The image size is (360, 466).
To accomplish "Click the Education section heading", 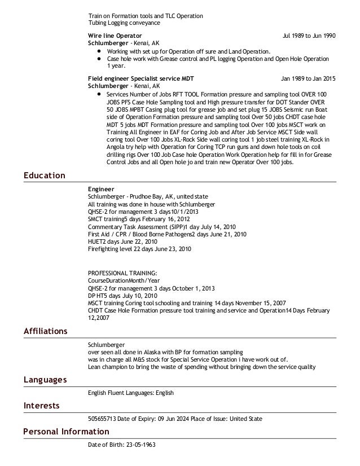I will coord(45,176).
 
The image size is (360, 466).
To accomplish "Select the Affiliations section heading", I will coord(46,331).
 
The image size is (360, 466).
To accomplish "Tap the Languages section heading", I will coord(45,380).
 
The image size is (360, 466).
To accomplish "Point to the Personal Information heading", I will coord(67,432).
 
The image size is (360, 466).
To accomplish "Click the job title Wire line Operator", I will coord(115,36).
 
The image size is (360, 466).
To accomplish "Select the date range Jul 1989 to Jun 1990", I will coord(309,36).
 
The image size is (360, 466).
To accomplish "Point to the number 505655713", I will coord(102,419).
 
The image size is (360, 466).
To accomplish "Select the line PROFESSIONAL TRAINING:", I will coord(122,272).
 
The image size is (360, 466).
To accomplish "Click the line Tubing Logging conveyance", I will coord(124,23).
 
